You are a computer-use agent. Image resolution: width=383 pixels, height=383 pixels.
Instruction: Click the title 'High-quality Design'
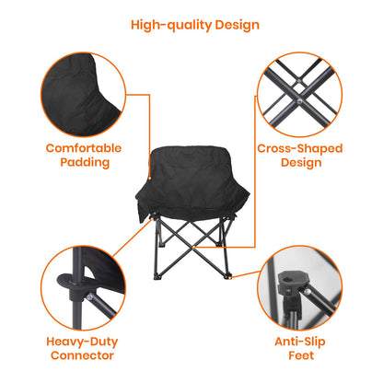coord(194,25)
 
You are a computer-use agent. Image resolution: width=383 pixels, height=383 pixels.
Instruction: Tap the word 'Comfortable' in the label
coord(85,146)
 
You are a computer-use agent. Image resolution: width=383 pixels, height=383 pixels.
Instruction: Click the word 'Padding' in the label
coord(85,162)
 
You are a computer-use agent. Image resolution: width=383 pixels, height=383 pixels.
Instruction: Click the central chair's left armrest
coord(147,198)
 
